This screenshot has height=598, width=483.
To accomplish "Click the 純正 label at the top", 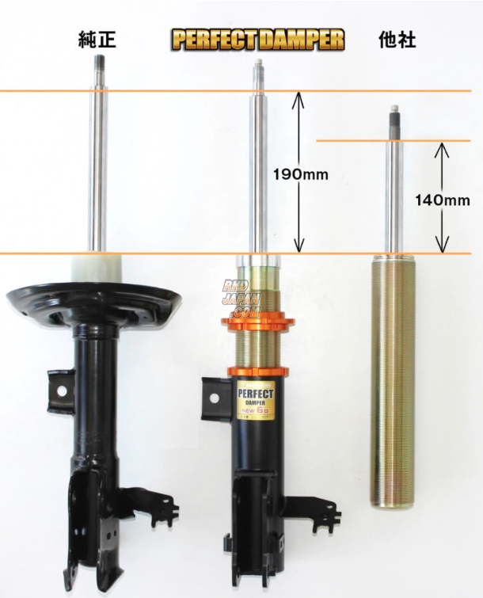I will (x=97, y=39).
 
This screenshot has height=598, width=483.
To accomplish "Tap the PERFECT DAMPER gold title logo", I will (x=258, y=40).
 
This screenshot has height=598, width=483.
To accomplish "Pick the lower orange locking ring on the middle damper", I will (x=257, y=371).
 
